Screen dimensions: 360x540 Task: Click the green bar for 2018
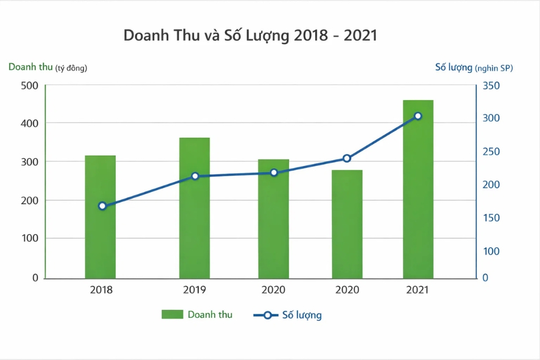pos(100,217)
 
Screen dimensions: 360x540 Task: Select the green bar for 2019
pos(195,208)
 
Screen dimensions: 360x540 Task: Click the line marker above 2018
pos(102,206)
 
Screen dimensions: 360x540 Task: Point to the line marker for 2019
pos(195,176)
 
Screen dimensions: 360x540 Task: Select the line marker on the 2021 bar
pos(418,116)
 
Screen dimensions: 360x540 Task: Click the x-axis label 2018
pos(101,290)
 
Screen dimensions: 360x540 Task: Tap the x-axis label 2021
pos(417,290)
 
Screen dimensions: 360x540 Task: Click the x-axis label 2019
pos(194,290)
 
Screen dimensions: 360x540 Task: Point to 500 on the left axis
pos(29,85)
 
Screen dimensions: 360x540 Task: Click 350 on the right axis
pos(490,85)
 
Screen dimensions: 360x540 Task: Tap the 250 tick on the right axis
pos(490,152)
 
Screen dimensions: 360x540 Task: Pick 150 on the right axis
pos(490,218)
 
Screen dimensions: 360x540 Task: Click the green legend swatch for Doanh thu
pos(172,314)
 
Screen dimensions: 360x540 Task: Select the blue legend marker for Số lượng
pos(267,315)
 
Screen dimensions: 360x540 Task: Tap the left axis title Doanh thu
pos(30,67)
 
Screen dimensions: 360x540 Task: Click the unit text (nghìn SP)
pos(494,67)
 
